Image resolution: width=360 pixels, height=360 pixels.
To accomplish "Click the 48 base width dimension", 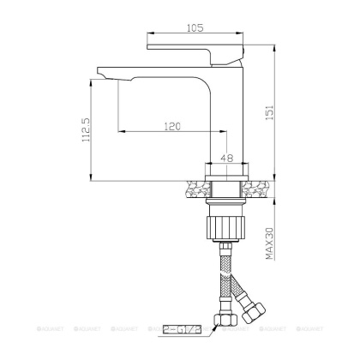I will point(227,157).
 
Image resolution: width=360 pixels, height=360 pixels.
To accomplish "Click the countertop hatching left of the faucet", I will point(196,185).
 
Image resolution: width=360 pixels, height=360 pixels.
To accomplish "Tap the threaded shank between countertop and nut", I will point(226,202).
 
